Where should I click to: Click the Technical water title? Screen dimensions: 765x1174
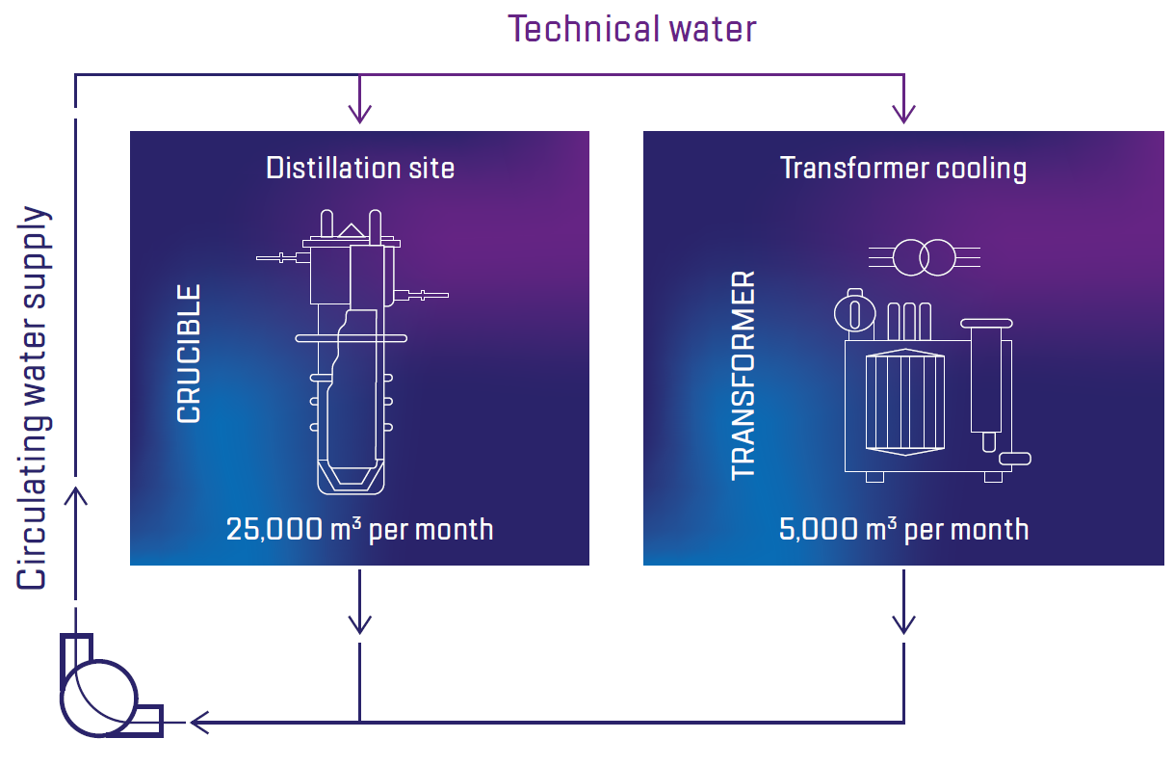click(x=633, y=29)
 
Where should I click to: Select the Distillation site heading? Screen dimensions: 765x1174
click(x=360, y=168)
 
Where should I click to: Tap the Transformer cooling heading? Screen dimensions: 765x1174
click(x=902, y=168)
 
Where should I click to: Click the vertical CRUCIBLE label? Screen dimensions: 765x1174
click(x=190, y=354)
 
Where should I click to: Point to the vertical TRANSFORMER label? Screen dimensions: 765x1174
click(x=744, y=376)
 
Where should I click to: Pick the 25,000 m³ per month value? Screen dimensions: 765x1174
click(x=359, y=529)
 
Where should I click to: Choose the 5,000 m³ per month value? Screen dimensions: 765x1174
click(x=902, y=529)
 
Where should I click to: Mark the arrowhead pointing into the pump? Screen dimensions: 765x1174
click(x=200, y=721)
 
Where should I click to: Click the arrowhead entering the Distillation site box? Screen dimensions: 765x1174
click(x=359, y=114)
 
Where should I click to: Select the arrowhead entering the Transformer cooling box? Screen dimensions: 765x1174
click(x=903, y=114)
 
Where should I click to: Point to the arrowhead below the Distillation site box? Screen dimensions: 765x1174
click(x=359, y=623)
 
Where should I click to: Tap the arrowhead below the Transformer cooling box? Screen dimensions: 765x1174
click(x=903, y=623)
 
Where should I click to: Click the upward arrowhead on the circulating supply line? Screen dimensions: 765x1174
click(x=76, y=495)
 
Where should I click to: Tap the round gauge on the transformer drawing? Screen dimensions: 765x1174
click(x=853, y=311)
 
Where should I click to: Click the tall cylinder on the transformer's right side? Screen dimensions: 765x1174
click(x=986, y=381)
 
